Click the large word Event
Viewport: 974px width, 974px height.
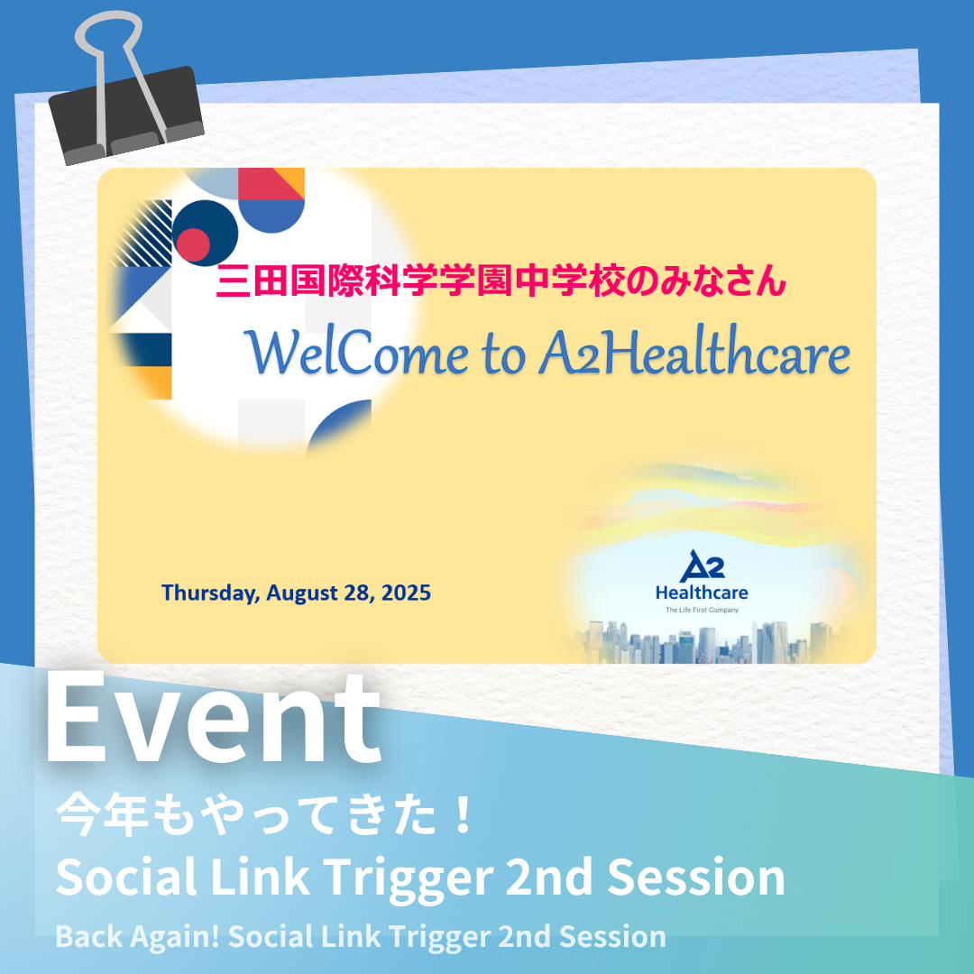pyautogui.click(x=213, y=718)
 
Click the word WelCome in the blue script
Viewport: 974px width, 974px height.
pyautogui.click(x=356, y=353)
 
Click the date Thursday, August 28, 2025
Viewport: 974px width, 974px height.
pyautogui.click(x=297, y=593)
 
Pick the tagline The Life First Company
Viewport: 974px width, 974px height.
pyautogui.click(x=702, y=610)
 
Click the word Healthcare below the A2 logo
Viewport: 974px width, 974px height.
pyautogui.click(x=702, y=593)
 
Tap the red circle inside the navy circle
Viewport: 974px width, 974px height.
pyautogui.click(x=193, y=244)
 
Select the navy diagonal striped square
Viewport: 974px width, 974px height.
pyautogui.click(x=141, y=233)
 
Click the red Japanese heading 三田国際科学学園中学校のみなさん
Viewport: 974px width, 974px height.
pyautogui.click(x=501, y=280)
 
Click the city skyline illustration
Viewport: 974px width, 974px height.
pyautogui.click(x=705, y=642)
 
